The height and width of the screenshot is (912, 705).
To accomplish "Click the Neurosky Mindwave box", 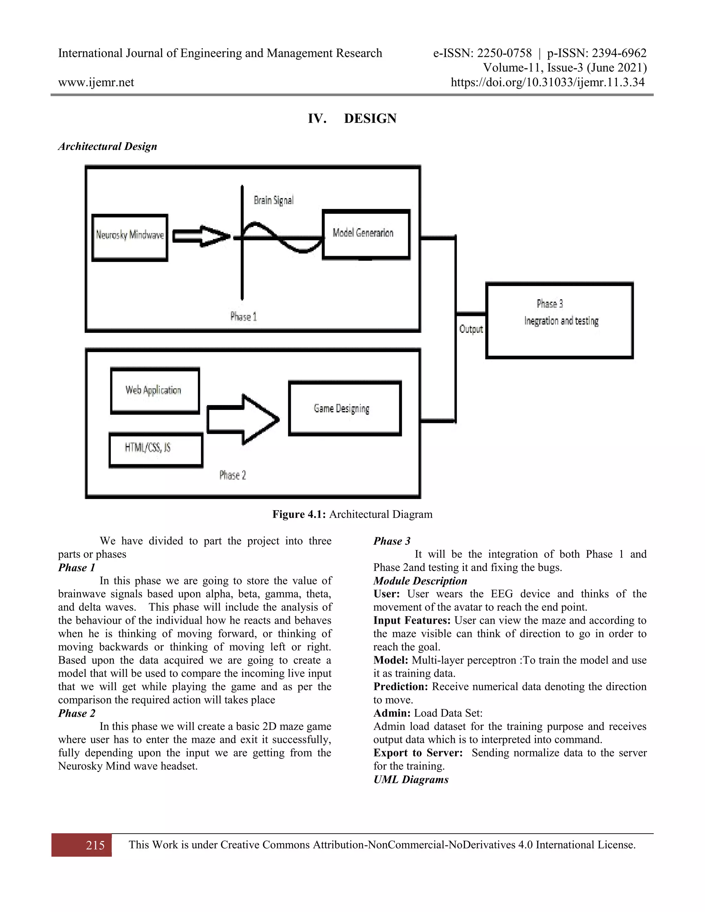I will tap(129, 237).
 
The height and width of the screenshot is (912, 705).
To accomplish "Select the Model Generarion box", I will tap(366, 234).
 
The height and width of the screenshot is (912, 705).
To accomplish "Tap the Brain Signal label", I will tap(274, 200).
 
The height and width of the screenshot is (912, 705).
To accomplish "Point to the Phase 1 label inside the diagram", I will tap(243, 317).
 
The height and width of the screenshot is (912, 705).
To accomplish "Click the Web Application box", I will tap(155, 391).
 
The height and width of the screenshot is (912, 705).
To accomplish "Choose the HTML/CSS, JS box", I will tap(156, 450).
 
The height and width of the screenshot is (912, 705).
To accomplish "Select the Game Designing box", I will tap(345, 409).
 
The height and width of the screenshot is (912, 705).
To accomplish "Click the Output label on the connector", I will tap(471, 329).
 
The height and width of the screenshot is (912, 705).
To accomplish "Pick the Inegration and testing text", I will tap(561, 321).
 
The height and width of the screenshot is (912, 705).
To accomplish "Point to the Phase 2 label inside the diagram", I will tap(233, 475).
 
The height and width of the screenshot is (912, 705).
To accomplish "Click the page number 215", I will tap(95, 845).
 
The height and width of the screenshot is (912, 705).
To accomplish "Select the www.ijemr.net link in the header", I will tap(96, 82).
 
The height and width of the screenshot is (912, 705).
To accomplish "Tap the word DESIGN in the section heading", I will tap(370, 119).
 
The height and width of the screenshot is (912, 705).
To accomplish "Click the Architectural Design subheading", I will tap(108, 146).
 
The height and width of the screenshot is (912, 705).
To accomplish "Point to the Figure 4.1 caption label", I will tap(299, 514).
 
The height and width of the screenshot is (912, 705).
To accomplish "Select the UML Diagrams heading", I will tap(411, 780).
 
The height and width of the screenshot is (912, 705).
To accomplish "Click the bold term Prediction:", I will tap(401, 687).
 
